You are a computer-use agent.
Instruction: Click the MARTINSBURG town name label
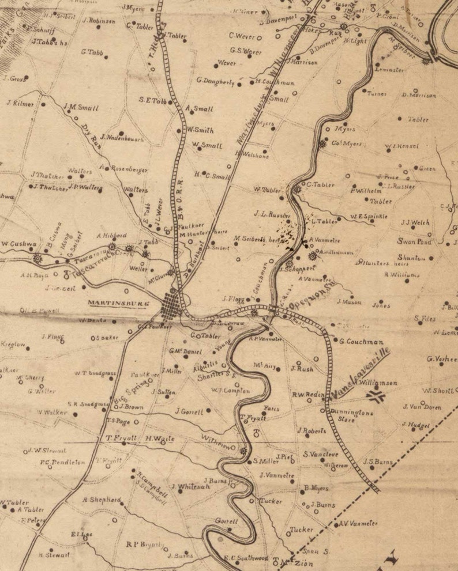[118, 302]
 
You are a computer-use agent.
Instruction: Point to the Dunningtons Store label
[352, 415]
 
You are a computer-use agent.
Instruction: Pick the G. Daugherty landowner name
[215, 81]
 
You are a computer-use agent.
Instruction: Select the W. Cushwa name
[16, 244]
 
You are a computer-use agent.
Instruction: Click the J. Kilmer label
[21, 104]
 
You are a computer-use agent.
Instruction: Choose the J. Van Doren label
[422, 407]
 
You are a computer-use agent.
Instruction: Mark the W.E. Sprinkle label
[368, 217]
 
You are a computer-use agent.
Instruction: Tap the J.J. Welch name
[415, 222]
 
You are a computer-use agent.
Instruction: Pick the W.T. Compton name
[230, 390]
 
